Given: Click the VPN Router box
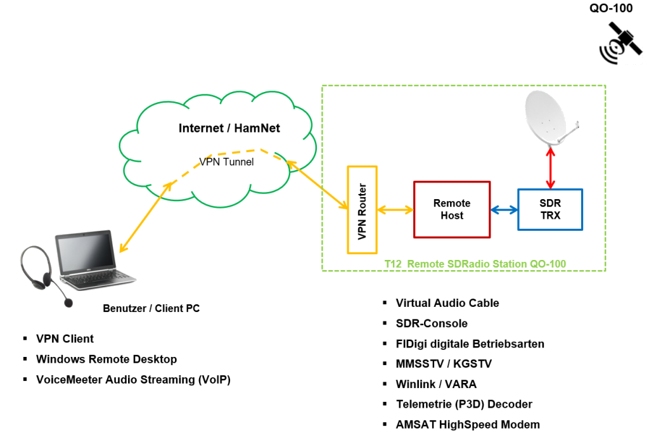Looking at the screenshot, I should [x=362, y=210].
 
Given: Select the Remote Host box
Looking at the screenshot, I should [x=451, y=210].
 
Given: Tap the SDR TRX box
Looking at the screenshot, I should [x=549, y=209].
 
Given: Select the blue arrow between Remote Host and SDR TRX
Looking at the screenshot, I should [x=504, y=210].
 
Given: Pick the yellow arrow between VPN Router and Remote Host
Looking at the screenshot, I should [x=395, y=210].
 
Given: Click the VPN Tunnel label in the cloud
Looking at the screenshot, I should [x=226, y=162].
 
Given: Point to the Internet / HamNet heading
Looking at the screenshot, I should [x=229, y=129].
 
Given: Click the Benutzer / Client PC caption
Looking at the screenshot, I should [x=151, y=309].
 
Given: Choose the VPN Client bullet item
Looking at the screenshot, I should [x=65, y=339].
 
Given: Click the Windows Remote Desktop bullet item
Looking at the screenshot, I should [x=106, y=359].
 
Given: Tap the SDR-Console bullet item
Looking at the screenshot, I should [x=431, y=323].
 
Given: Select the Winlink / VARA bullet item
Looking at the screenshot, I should [x=435, y=384].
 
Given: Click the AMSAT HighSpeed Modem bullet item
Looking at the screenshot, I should [x=468, y=425].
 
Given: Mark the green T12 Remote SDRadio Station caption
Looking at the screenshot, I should [x=475, y=263].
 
